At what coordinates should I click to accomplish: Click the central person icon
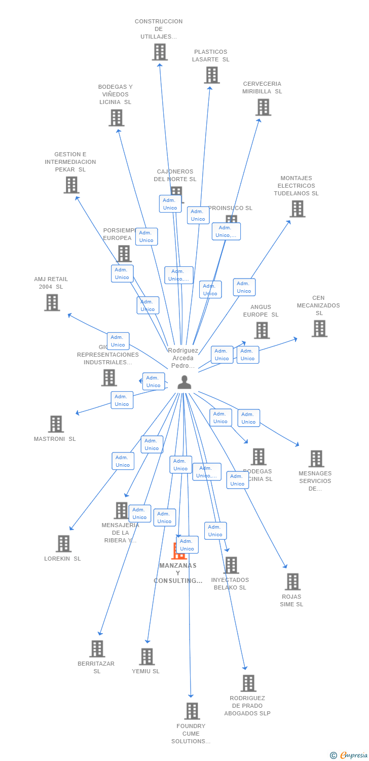[184, 382]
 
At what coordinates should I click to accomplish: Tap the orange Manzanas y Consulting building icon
[178, 551]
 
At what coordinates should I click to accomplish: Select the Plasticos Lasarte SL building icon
[212, 75]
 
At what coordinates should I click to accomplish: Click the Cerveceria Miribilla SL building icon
[263, 107]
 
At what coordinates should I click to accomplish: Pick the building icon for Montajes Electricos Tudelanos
[297, 209]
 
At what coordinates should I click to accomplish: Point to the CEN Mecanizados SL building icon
[319, 328]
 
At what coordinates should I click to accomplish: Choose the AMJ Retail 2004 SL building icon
[52, 302]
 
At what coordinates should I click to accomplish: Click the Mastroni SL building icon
[56, 424]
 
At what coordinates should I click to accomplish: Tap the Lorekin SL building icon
[63, 543]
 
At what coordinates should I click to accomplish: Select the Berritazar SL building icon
[97, 648]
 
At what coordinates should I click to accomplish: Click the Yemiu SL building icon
[146, 656]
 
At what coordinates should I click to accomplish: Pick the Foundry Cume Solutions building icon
[192, 711]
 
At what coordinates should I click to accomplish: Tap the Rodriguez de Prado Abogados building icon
[248, 683]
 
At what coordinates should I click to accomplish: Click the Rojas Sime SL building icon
[292, 581]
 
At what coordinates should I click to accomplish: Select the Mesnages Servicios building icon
[316, 459]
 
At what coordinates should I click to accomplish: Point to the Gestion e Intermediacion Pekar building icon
[71, 185]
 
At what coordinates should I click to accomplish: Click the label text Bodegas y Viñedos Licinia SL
[116, 94]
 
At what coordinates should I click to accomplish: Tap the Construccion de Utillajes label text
[159, 29]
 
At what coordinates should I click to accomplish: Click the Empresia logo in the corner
[350, 755]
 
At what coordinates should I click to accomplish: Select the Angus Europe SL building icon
[262, 330]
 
